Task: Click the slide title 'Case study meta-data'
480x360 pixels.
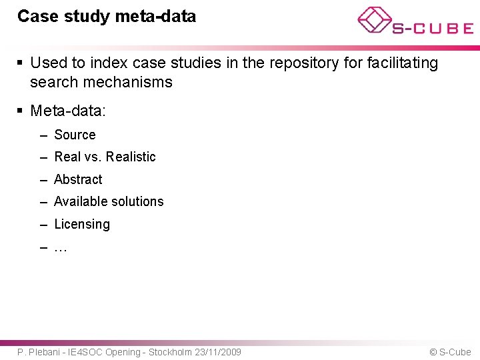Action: [107, 16]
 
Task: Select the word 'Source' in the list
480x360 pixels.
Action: [75, 135]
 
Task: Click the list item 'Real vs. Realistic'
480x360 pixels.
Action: [105, 157]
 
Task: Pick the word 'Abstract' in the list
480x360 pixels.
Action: [78, 179]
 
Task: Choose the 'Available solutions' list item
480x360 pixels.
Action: [109, 201]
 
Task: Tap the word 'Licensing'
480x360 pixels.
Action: [82, 224]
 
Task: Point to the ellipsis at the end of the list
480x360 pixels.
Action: [60, 248]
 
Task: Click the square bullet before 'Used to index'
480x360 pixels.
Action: [21, 63]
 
